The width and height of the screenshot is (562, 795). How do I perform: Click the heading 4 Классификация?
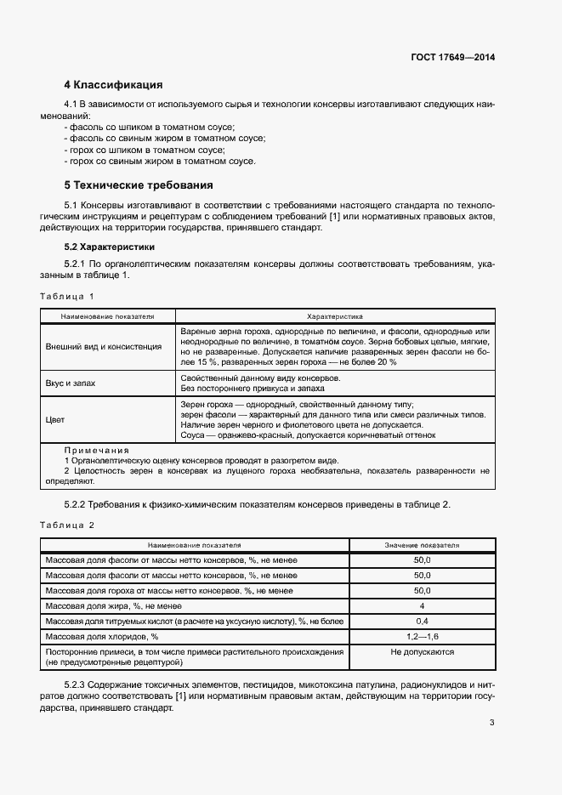(x=113, y=85)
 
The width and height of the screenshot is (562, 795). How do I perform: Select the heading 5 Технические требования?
(x=139, y=185)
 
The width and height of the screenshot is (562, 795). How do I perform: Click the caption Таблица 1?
(x=66, y=296)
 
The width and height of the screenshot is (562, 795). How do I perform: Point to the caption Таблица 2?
(x=66, y=525)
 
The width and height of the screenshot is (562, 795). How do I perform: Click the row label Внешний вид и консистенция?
(x=104, y=346)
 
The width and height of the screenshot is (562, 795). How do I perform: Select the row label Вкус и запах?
(x=71, y=383)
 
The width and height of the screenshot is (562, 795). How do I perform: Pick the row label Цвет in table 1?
(x=55, y=419)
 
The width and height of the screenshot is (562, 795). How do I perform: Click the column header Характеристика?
(x=334, y=315)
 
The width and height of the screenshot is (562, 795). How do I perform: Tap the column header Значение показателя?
(x=422, y=544)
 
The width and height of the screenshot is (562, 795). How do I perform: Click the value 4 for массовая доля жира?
(x=422, y=605)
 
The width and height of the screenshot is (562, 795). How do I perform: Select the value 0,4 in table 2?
(x=422, y=621)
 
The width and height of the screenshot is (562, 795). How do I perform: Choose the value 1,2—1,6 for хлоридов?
(x=422, y=636)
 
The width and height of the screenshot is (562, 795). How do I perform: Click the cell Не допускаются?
(x=422, y=652)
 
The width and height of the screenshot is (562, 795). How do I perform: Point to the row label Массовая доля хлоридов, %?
(x=102, y=636)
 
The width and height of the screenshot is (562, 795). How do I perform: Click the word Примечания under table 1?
(x=96, y=450)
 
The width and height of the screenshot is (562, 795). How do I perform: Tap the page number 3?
(x=492, y=723)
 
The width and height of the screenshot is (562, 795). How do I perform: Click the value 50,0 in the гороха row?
(x=422, y=590)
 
